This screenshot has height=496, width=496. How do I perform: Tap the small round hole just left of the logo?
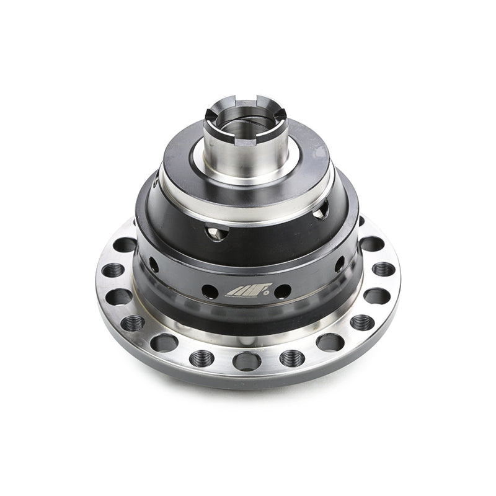(210, 291)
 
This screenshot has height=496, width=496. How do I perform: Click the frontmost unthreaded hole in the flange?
(246, 360)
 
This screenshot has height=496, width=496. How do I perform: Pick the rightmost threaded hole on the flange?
(383, 269)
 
